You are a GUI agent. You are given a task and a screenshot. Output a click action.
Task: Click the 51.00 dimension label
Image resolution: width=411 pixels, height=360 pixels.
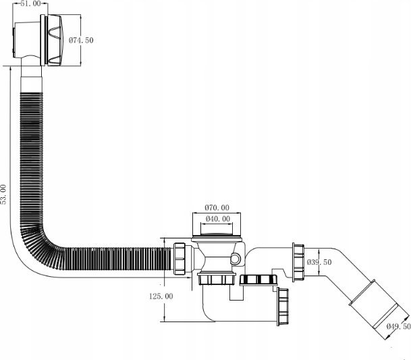30,3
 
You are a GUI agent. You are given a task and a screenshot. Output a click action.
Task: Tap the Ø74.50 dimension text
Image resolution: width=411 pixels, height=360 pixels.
81,40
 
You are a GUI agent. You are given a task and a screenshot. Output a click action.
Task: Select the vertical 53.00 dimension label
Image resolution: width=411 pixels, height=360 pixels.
3,195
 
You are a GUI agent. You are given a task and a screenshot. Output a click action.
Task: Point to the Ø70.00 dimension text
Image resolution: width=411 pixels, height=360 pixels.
217,207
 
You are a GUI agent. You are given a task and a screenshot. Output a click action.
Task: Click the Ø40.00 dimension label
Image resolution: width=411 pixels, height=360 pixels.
218,219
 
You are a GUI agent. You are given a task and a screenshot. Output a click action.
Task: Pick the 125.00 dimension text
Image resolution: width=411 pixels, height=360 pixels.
161,297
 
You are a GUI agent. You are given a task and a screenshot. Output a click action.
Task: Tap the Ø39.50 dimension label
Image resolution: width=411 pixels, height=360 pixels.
319,262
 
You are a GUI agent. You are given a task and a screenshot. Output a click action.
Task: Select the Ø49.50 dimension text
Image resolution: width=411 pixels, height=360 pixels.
398,326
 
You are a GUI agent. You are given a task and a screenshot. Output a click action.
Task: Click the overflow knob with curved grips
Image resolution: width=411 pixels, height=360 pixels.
55,40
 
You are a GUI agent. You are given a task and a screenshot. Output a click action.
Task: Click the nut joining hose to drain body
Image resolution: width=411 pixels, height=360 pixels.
180,259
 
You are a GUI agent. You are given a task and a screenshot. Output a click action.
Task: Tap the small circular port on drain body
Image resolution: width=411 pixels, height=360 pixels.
235,259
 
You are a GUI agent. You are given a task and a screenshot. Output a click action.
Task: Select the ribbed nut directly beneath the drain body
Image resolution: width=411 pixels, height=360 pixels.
217,279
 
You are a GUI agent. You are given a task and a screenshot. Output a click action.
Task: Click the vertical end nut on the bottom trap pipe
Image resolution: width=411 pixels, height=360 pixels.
283,307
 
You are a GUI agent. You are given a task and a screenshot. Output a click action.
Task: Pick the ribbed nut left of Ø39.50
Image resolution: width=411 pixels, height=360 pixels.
298,262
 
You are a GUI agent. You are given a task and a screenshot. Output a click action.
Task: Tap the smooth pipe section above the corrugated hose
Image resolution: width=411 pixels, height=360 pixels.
31,79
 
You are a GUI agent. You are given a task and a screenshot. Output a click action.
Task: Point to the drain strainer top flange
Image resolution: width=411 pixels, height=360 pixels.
217,238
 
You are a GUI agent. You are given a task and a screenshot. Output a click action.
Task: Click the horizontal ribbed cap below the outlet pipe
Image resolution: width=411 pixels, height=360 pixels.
258,280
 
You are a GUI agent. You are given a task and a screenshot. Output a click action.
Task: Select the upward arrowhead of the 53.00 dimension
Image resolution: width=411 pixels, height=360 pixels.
10,68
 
